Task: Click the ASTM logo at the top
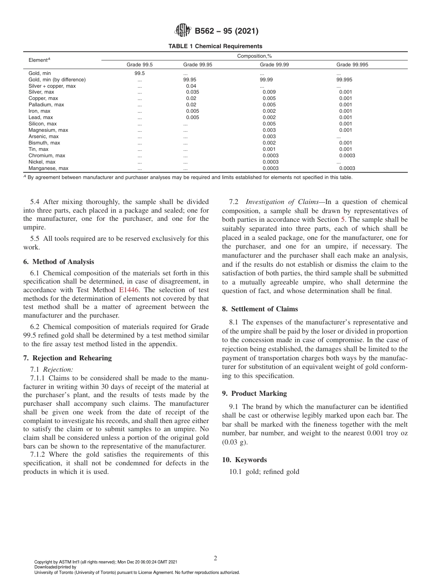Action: point(183,31)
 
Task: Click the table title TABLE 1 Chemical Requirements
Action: point(215,46)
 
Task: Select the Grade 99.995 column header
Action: point(352,65)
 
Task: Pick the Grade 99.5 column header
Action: point(139,65)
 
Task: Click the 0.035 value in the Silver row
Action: point(192,92)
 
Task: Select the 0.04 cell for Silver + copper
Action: point(191,86)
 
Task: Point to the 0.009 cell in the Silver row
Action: point(269,92)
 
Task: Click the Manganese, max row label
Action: point(49,169)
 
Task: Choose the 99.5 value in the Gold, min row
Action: point(139,73)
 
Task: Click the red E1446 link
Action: point(128,290)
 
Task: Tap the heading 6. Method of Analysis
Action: point(59,262)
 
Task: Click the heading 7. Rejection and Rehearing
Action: point(67,358)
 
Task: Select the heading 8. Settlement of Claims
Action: point(260,309)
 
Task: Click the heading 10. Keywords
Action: point(244,460)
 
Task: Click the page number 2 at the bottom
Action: point(215,558)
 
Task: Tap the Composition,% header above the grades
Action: point(254,56)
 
